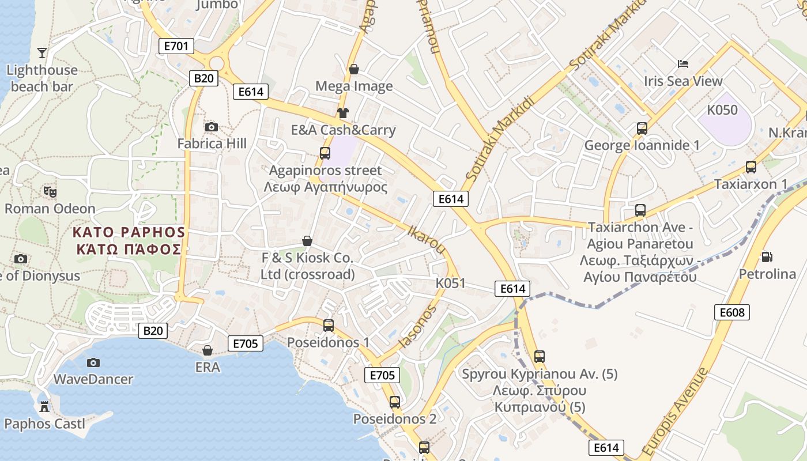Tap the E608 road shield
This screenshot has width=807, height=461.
click(733, 312)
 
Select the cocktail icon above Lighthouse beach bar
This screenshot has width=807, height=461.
click(42, 53)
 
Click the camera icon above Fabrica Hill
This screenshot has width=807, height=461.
click(212, 127)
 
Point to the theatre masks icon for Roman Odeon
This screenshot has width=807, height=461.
click(50, 191)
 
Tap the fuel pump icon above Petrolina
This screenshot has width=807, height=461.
click(767, 256)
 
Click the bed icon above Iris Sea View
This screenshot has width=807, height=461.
click(683, 63)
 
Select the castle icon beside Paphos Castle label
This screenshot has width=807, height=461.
click(44, 406)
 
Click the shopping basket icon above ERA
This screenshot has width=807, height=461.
click(208, 350)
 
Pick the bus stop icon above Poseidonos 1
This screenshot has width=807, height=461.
click(329, 325)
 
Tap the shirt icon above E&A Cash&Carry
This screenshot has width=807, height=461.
click(343, 112)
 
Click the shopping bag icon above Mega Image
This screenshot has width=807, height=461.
click(354, 69)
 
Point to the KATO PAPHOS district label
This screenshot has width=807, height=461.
click(129, 241)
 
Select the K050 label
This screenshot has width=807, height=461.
click(722, 109)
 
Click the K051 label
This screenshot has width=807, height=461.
click(450, 283)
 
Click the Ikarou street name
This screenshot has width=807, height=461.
click(427, 239)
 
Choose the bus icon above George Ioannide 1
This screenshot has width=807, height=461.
click(642, 128)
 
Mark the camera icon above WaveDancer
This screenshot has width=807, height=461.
click(93, 362)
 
